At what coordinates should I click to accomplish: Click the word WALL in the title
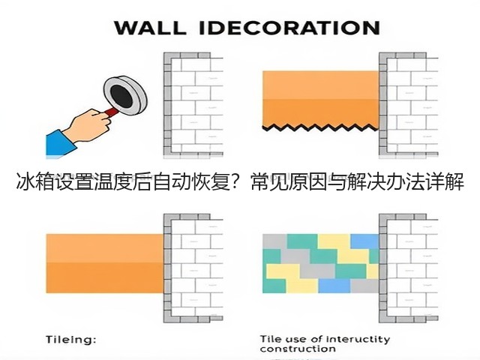[150, 28]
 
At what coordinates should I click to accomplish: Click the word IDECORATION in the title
[289, 28]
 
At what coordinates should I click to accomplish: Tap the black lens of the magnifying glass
[121, 95]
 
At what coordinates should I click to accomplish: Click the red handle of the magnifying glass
[111, 112]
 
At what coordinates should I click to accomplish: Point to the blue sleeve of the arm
[61, 143]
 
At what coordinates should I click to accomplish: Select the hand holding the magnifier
[88, 125]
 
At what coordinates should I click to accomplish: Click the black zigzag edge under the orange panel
[320, 127]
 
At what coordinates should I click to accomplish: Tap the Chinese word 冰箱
[35, 181]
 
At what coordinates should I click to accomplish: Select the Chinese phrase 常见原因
[289, 181]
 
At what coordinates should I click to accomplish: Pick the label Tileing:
[71, 340]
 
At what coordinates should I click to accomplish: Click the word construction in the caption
[298, 349]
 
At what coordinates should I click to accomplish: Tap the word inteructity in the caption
[358, 340]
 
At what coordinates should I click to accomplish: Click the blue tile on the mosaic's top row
[364, 241]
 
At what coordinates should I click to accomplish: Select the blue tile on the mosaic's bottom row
[334, 286]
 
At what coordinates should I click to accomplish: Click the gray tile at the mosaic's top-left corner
[274, 241]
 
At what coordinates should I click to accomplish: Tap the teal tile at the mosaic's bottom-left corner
[274, 286]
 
